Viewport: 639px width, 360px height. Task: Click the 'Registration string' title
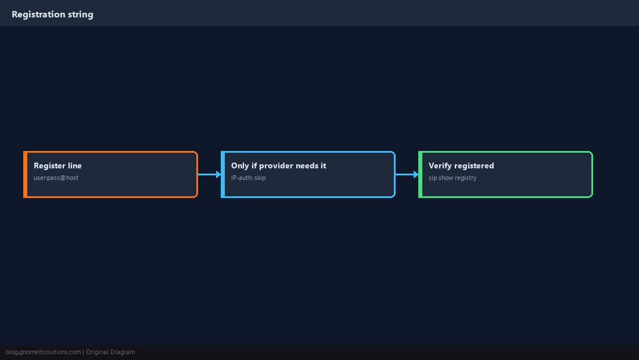click(x=52, y=15)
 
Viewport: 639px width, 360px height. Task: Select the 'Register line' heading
click(x=58, y=165)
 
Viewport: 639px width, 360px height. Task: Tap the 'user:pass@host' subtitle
click(x=56, y=178)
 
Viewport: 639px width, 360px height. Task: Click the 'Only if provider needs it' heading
click(x=278, y=165)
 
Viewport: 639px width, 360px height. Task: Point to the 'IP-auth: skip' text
click(x=248, y=178)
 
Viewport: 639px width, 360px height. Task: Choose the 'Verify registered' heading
click(x=461, y=165)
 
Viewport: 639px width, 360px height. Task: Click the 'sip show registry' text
click(x=453, y=178)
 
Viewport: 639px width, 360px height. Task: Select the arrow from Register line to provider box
click(x=210, y=174)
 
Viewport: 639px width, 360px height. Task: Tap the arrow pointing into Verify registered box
click(x=407, y=174)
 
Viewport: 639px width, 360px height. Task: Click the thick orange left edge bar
click(x=25, y=174)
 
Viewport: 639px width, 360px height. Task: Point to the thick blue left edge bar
click(x=223, y=174)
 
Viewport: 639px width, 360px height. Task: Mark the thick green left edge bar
click(x=420, y=174)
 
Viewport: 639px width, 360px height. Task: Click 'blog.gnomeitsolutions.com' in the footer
click(x=43, y=352)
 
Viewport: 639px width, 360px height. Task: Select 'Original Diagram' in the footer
click(x=110, y=352)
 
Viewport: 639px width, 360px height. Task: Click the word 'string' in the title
click(x=80, y=15)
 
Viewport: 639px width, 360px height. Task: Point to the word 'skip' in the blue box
click(x=260, y=178)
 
